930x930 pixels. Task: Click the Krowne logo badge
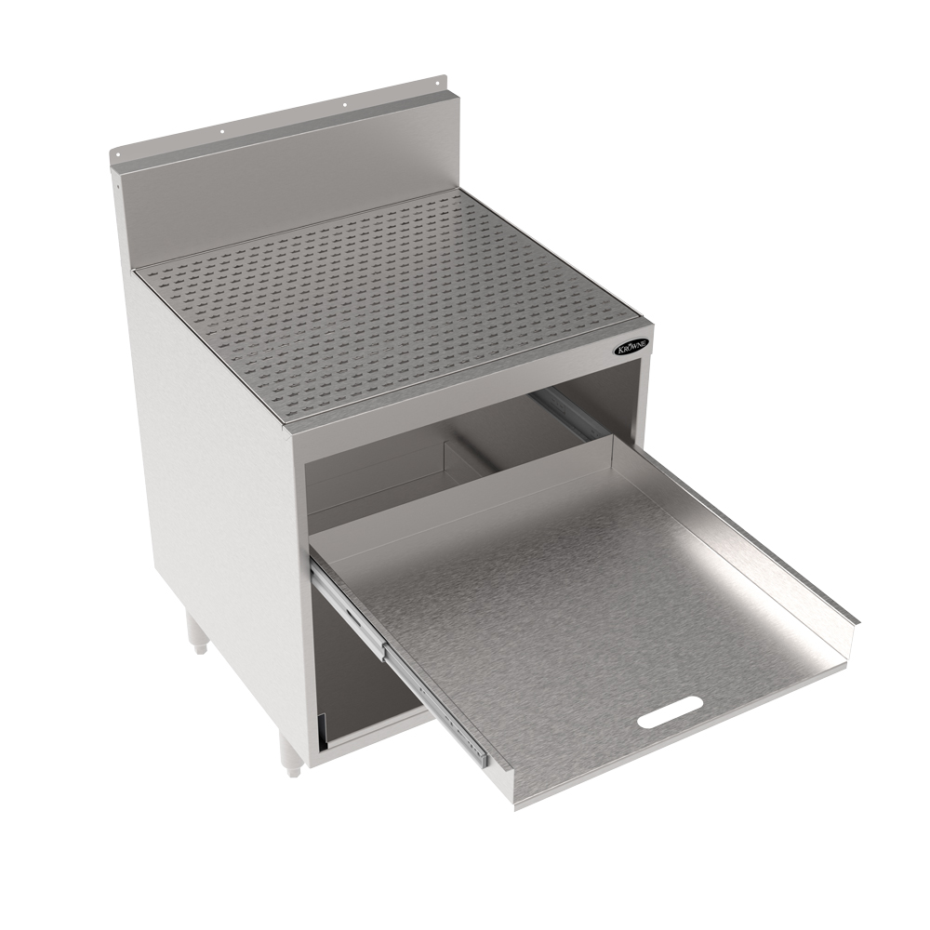[632, 346]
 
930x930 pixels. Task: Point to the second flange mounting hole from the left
[222, 131]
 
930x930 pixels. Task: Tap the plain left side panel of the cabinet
[214, 465]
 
